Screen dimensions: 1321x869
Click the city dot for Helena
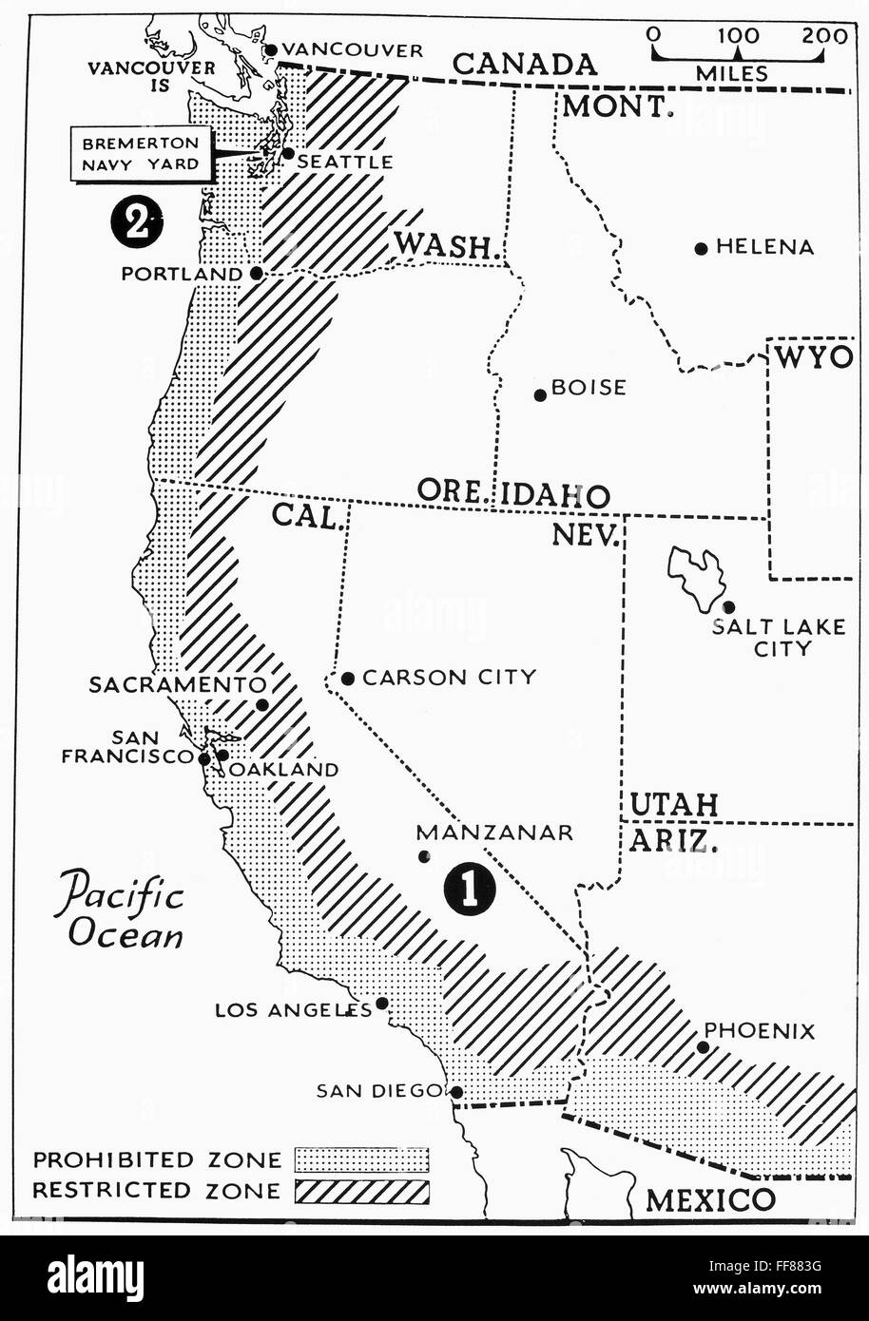click(x=701, y=248)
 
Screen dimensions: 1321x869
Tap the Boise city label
click(x=589, y=388)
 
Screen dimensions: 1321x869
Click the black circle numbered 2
click(x=137, y=224)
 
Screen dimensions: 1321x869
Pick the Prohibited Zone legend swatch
click(x=361, y=1159)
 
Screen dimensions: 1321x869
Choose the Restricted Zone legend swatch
click(x=361, y=1191)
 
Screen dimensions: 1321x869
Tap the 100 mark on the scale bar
click(x=738, y=36)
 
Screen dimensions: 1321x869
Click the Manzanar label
click(x=494, y=833)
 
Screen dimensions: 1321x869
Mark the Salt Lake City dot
click(x=727, y=606)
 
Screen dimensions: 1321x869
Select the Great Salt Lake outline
click(x=697, y=577)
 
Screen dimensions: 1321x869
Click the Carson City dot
click(x=348, y=679)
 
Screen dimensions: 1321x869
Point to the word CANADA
click(x=525, y=64)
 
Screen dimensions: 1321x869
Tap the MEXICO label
click(x=709, y=1199)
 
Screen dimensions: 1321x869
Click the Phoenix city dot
click(x=703, y=1047)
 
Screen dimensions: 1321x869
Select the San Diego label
click(x=379, y=1091)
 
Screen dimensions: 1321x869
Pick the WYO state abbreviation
click(x=812, y=357)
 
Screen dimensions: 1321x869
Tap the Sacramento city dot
click(x=262, y=705)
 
